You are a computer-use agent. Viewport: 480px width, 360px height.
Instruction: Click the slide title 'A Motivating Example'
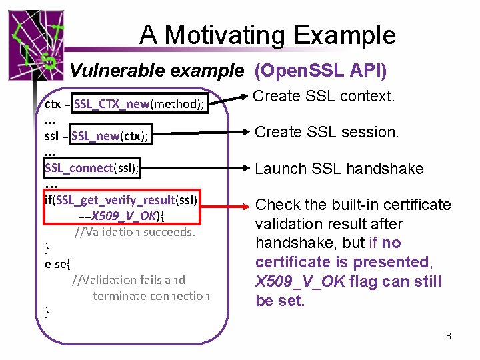(267, 35)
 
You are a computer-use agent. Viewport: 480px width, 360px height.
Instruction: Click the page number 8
(449, 336)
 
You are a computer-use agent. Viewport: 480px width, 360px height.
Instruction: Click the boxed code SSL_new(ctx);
(111, 136)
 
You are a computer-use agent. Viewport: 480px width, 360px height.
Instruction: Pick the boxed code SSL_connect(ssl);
(92, 168)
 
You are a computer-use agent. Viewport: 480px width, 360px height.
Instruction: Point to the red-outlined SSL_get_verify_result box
(121, 207)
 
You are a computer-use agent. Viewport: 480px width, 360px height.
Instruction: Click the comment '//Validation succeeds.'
(135, 232)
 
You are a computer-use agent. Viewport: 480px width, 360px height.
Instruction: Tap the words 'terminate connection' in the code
(151, 295)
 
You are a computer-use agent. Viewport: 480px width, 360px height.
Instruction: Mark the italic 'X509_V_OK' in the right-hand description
(300, 281)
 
